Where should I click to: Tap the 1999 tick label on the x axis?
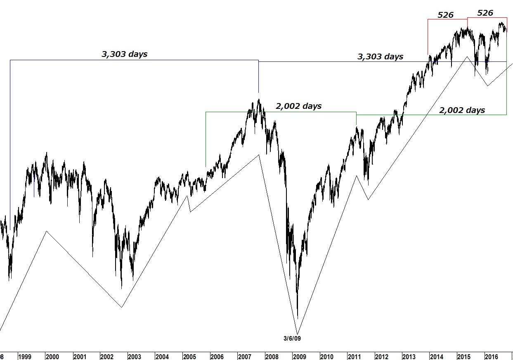[x=25, y=356]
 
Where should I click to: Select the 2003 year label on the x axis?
[x=135, y=356]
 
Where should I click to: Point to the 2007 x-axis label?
[x=244, y=356]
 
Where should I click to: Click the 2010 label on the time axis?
[x=327, y=356]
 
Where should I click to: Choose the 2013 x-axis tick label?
[x=409, y=356]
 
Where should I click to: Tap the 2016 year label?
[x=491, y=356]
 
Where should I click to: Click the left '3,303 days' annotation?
[x=124, y=54]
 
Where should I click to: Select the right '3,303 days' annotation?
[x=380, y=56]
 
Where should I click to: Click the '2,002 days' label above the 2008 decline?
[x=298, y=106]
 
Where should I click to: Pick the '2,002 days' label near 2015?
[x=462, y=110]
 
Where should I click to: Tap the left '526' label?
[x=445, y=15]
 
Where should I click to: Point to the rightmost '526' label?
[x=485, y=13]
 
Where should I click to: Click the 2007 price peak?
[x=259, y=99]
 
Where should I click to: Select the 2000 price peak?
[x=46, y=153]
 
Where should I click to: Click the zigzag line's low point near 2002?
[x=121, y=307]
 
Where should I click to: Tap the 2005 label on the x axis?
[x=189, y=356]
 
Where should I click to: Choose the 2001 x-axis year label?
[x=80, y=356]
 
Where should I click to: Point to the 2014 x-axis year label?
[x=436, y=356]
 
